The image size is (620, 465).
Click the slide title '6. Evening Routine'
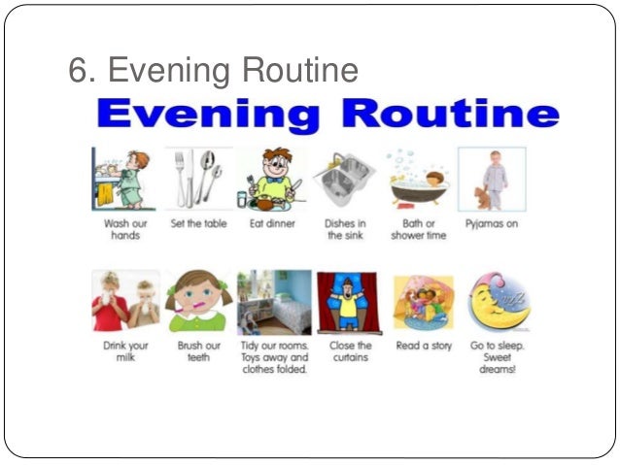(x=213, y=71)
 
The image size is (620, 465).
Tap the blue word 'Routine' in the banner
(x=453, y=115)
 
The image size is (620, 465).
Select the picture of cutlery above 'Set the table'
(x=199, y=178)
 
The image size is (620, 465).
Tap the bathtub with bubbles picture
(x=418, y=179)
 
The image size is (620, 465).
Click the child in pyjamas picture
(x=491, y=179)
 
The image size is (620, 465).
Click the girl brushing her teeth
(x=197, y=302)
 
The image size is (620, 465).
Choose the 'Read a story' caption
(x=424, y=346)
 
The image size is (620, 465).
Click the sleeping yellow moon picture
(x=498, y=302)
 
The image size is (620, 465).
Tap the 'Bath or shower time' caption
(x=419, y=229)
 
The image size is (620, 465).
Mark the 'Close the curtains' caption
(x=350, y=351)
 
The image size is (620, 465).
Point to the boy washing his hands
(x=122, y=178)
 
